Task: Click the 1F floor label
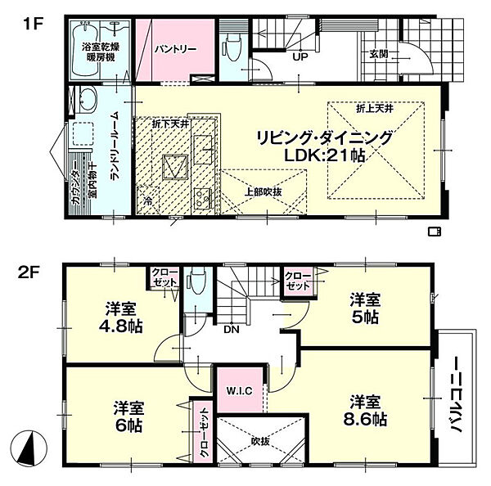[33, 24]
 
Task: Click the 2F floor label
[28, 274]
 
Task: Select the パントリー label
[176, 49]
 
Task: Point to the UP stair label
[300, 57]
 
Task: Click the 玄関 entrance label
[379, 54]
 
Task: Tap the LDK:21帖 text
[324, 155]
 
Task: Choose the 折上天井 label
[375, 109]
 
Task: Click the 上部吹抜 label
[263, 191]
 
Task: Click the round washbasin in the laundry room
[87, 98]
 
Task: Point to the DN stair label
[232, 330]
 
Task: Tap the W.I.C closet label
[240, 391]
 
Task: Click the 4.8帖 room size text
[121, 326]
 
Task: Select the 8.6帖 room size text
[365, 419]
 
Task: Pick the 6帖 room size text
[128, 425]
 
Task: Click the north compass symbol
[29, 448]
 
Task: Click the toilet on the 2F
[197, 281]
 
